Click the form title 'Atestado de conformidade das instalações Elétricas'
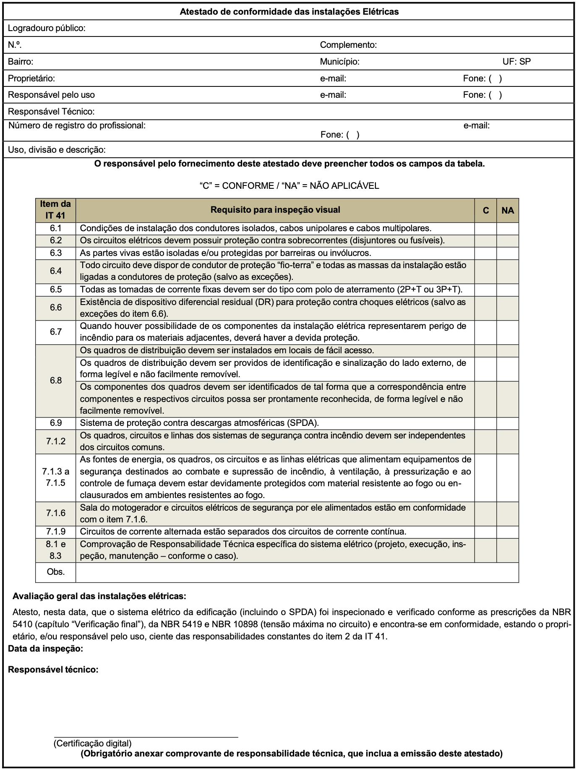click(289, 12)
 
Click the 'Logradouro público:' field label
click(47, 28)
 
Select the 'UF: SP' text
click(516, 62)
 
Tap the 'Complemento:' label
click(348, 45)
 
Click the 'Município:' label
click(339, 62)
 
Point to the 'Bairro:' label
click(21, 62)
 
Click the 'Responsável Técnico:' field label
click(51, 112)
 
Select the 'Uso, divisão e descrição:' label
click(57, 150)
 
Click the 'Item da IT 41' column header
click(55, 210)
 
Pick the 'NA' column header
click(508, 210)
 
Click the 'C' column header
click(486, 210)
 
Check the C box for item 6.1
click(486, 229)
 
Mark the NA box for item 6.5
click(508, 290)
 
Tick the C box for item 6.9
click(486, 423)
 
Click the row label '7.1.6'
click(55, 513)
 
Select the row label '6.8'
click(55, 381)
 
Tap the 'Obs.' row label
click(55, 572)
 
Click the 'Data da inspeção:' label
click(45, 649)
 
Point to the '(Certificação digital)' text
click(92, 743)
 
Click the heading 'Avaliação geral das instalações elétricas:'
click(99, 596)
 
